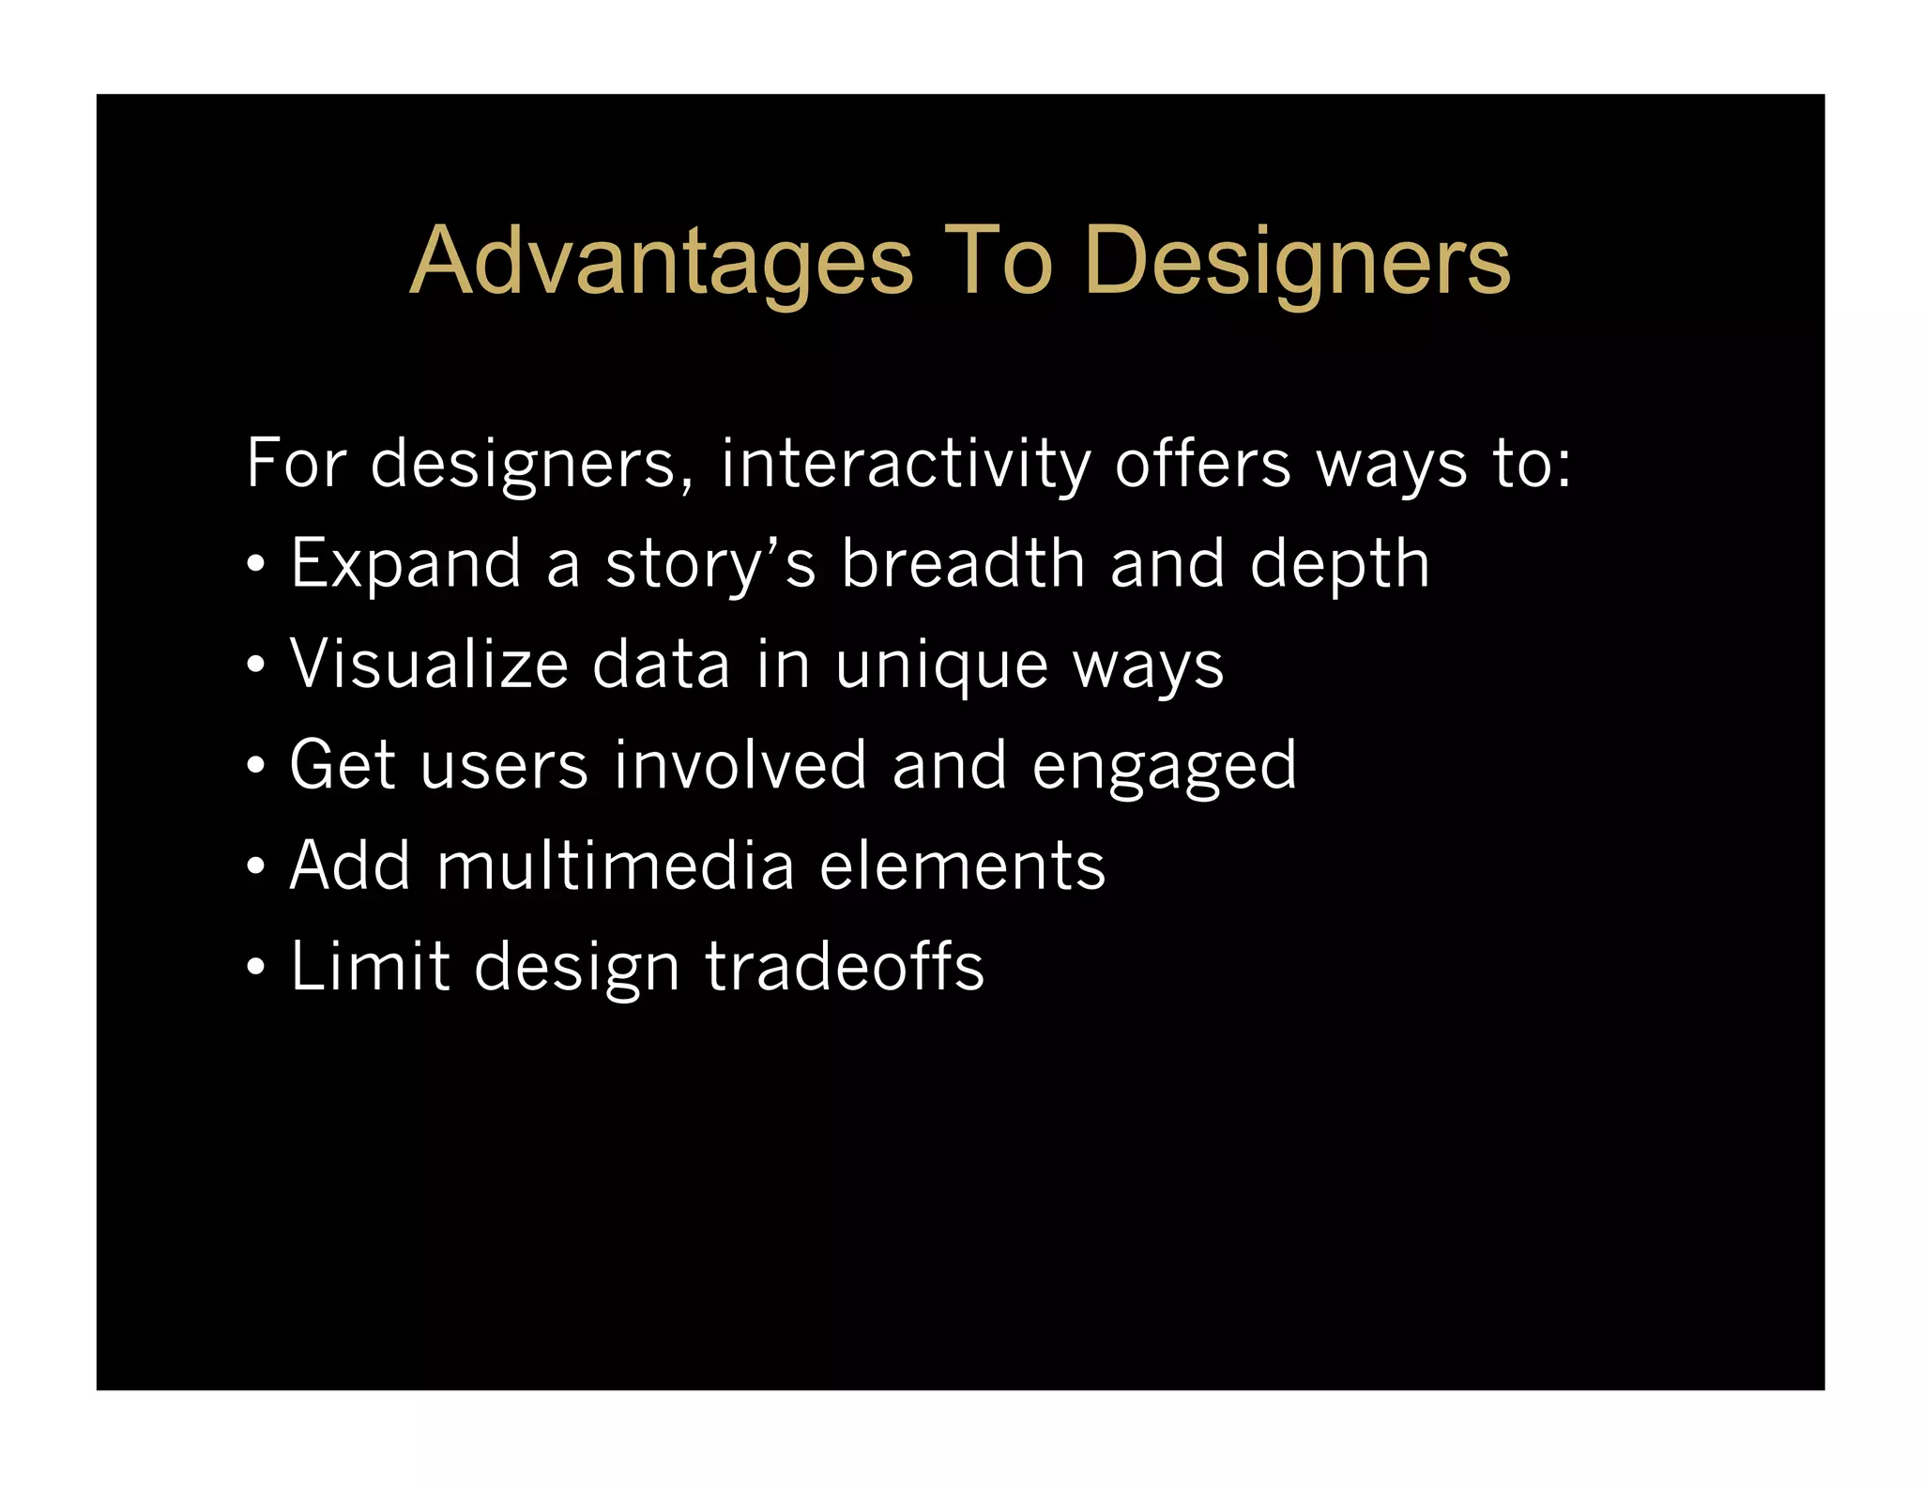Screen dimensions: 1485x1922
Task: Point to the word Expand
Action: coord(405,564)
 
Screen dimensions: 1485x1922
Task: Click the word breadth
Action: coord(963,564)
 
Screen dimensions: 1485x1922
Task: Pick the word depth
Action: coord(1339,564)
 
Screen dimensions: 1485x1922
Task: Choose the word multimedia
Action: coord(616,865)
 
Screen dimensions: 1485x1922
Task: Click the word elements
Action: coord(962,865)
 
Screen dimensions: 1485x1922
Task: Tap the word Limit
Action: coord(370,966)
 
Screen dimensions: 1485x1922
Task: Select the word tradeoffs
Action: coord(845,966)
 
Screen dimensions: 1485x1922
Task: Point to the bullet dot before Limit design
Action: coord(255,968)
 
